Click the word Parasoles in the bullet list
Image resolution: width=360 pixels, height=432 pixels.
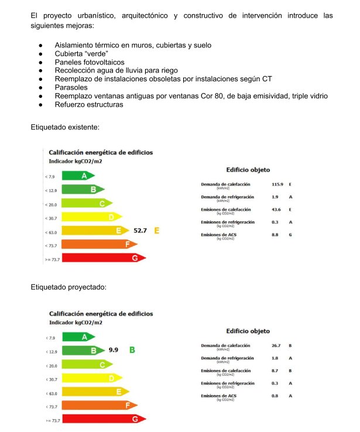tap(71, 87)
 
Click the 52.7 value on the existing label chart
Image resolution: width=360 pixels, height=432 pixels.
tap(140, 231)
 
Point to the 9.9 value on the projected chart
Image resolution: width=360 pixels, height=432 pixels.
tap(114, 349)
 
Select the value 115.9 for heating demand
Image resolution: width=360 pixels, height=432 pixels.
tap(277, 184)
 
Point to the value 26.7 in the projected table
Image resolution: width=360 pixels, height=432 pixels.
tap(276, 345)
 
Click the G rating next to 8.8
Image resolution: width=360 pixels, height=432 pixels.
tap(290, 235)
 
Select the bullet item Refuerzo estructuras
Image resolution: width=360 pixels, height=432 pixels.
tap(89, 104)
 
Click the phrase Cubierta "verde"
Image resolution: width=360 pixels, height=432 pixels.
tap(77, 53)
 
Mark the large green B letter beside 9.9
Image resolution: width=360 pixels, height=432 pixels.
tap(132, 349)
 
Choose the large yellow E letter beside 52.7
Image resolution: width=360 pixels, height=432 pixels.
tap(157, 231)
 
